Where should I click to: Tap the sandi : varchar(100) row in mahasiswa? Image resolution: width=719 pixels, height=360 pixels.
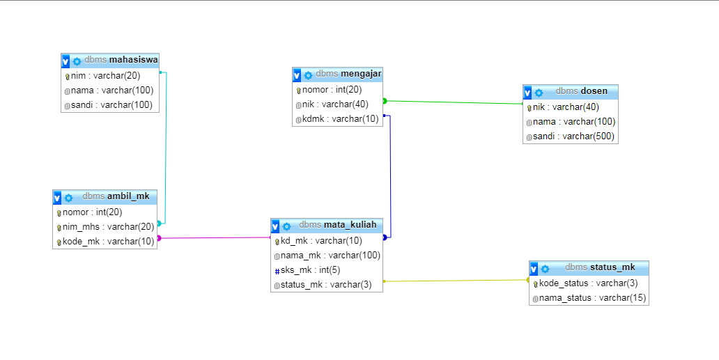111,105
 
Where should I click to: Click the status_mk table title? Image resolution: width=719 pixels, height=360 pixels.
612,267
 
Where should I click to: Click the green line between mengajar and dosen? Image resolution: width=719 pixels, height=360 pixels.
453,102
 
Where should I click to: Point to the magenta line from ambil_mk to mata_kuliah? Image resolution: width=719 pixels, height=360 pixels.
216,238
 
